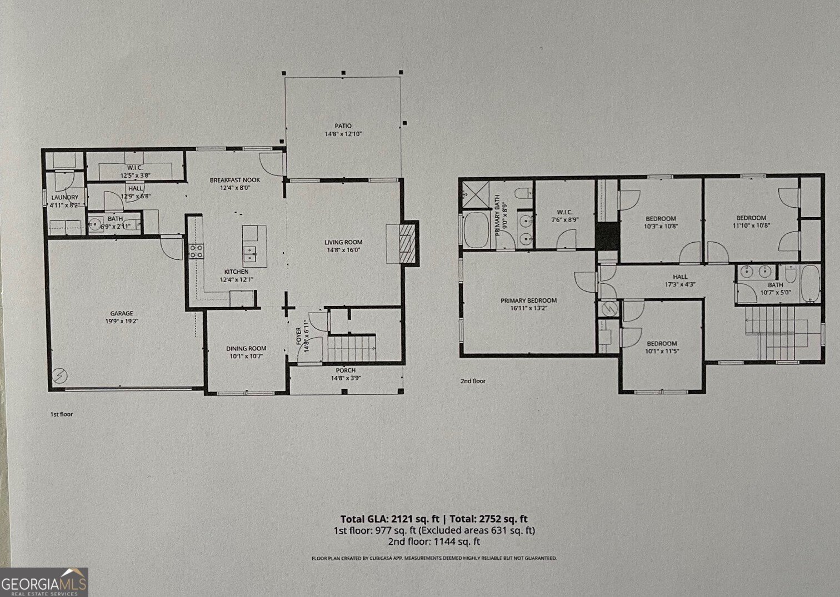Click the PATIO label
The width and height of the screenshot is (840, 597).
tap(343, 126)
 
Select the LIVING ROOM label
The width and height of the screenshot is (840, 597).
tap(343, 242)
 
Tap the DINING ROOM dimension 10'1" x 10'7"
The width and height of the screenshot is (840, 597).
tap(246, 357)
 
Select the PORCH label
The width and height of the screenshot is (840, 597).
tap(346, 370)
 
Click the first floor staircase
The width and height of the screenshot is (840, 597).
tap(351, 348)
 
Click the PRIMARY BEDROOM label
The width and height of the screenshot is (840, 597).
tap(528, 300)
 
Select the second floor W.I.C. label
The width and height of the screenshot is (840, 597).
tap(564, 212)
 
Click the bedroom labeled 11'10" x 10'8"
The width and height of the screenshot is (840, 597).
tap(751, 218)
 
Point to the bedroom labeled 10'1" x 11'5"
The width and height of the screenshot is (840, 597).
tap(662, 344)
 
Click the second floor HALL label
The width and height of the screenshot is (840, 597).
tap(680, 277)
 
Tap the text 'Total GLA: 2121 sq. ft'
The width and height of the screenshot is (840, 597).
tap(391, 519)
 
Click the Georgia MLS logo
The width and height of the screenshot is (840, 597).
tap(44, 583)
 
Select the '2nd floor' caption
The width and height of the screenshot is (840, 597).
tap(472, 381)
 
